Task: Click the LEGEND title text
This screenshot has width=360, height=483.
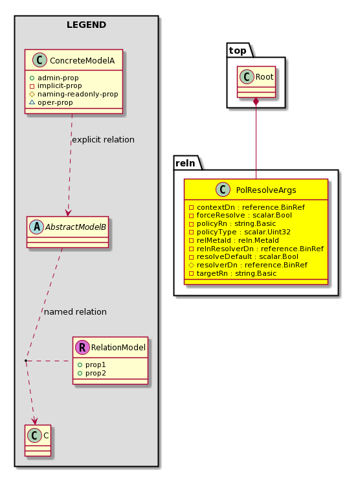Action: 86,25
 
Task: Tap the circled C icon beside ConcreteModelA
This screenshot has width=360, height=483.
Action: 39,60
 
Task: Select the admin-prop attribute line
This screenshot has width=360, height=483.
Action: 54,78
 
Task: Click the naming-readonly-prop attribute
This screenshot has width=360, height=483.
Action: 74,94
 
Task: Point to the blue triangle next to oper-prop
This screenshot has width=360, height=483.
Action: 32,102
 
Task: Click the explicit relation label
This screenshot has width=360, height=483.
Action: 103,140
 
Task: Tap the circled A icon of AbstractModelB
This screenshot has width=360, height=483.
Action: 37,227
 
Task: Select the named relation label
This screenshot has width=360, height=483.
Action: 75,311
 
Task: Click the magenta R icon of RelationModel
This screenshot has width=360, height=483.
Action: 82,347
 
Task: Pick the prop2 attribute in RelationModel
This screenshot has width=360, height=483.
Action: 92,373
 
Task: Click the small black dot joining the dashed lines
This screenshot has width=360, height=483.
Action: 26,361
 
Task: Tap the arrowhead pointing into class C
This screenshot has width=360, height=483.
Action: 35,421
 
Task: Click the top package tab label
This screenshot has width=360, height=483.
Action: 238,51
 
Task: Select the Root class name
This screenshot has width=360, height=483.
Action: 264,76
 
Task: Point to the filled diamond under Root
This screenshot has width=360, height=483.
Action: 256,102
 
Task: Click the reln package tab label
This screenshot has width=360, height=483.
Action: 185,163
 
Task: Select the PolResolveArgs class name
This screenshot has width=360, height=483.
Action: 266,190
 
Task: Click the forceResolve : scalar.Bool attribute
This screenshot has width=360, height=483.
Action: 240,215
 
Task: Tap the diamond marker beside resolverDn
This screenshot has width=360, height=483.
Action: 191,265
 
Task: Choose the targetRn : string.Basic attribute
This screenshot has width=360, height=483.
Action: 233,273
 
